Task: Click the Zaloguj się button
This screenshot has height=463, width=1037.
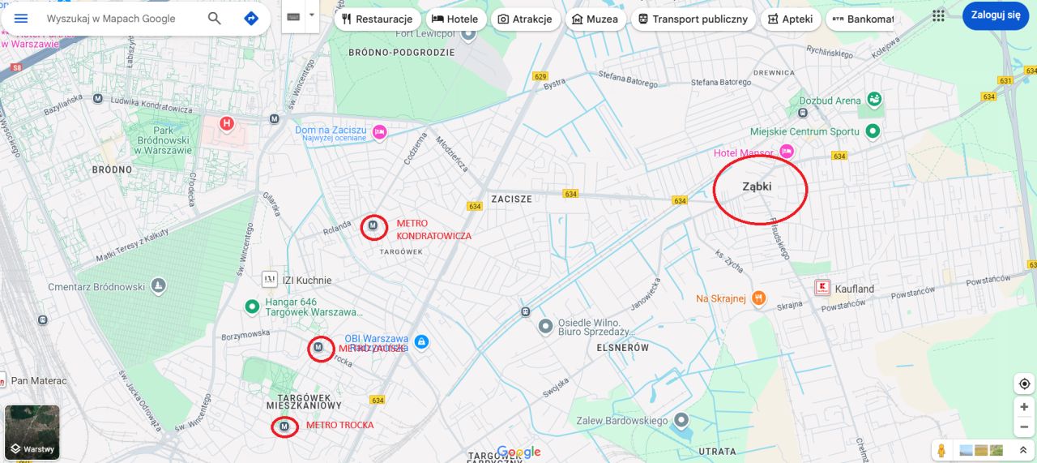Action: click(x=996, y=15)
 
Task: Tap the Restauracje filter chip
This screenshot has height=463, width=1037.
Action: click(x=377, y=19)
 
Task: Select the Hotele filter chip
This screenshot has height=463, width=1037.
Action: click(x=454, y=19)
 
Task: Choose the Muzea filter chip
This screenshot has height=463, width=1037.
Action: click(x=595, y=19)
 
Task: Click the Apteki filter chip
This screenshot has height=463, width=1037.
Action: click(x=790, y=19)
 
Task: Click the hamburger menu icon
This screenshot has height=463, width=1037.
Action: click(x=21, y=18)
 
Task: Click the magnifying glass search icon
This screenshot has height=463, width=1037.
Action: click(x=215, y=18)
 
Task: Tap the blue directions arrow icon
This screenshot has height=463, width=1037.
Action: click(x=251, y=18)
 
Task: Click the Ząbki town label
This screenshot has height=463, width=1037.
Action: click(x=757, y=186)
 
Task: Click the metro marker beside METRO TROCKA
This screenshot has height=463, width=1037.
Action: click(x=284, y=426)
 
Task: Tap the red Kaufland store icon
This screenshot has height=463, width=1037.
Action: click(x=823, y=288)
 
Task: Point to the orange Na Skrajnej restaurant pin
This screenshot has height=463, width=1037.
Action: click(x=758, y=298)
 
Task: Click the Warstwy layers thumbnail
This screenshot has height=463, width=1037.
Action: click(x=32, y=431)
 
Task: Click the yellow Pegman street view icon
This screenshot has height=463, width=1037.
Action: click(x=941, y=450)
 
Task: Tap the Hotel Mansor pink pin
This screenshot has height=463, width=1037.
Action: click(x=786, y=152)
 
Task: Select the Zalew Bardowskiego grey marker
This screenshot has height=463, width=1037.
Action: click(x=681, y=420)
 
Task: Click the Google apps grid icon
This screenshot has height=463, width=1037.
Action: click(x=938, y=15)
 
